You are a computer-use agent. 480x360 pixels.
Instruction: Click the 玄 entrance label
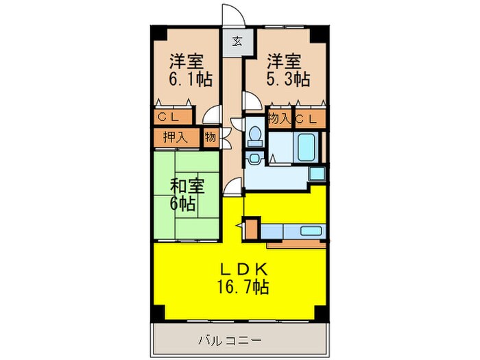236,40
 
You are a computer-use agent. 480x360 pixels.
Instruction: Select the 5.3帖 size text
288,79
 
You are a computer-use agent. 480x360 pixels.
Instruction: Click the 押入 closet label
176,137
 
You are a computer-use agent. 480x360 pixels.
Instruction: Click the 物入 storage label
279,119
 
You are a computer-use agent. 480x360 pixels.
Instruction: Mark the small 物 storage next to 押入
210,137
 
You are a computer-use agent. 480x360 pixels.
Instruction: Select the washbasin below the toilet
254,158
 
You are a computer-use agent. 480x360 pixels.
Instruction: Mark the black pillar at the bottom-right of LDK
318,312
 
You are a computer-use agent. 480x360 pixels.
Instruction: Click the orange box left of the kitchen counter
253,228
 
